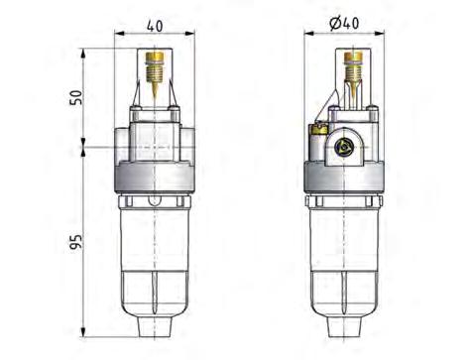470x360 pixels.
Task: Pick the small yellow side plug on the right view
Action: (319, 130)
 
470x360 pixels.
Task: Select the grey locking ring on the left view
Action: (158, 178)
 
